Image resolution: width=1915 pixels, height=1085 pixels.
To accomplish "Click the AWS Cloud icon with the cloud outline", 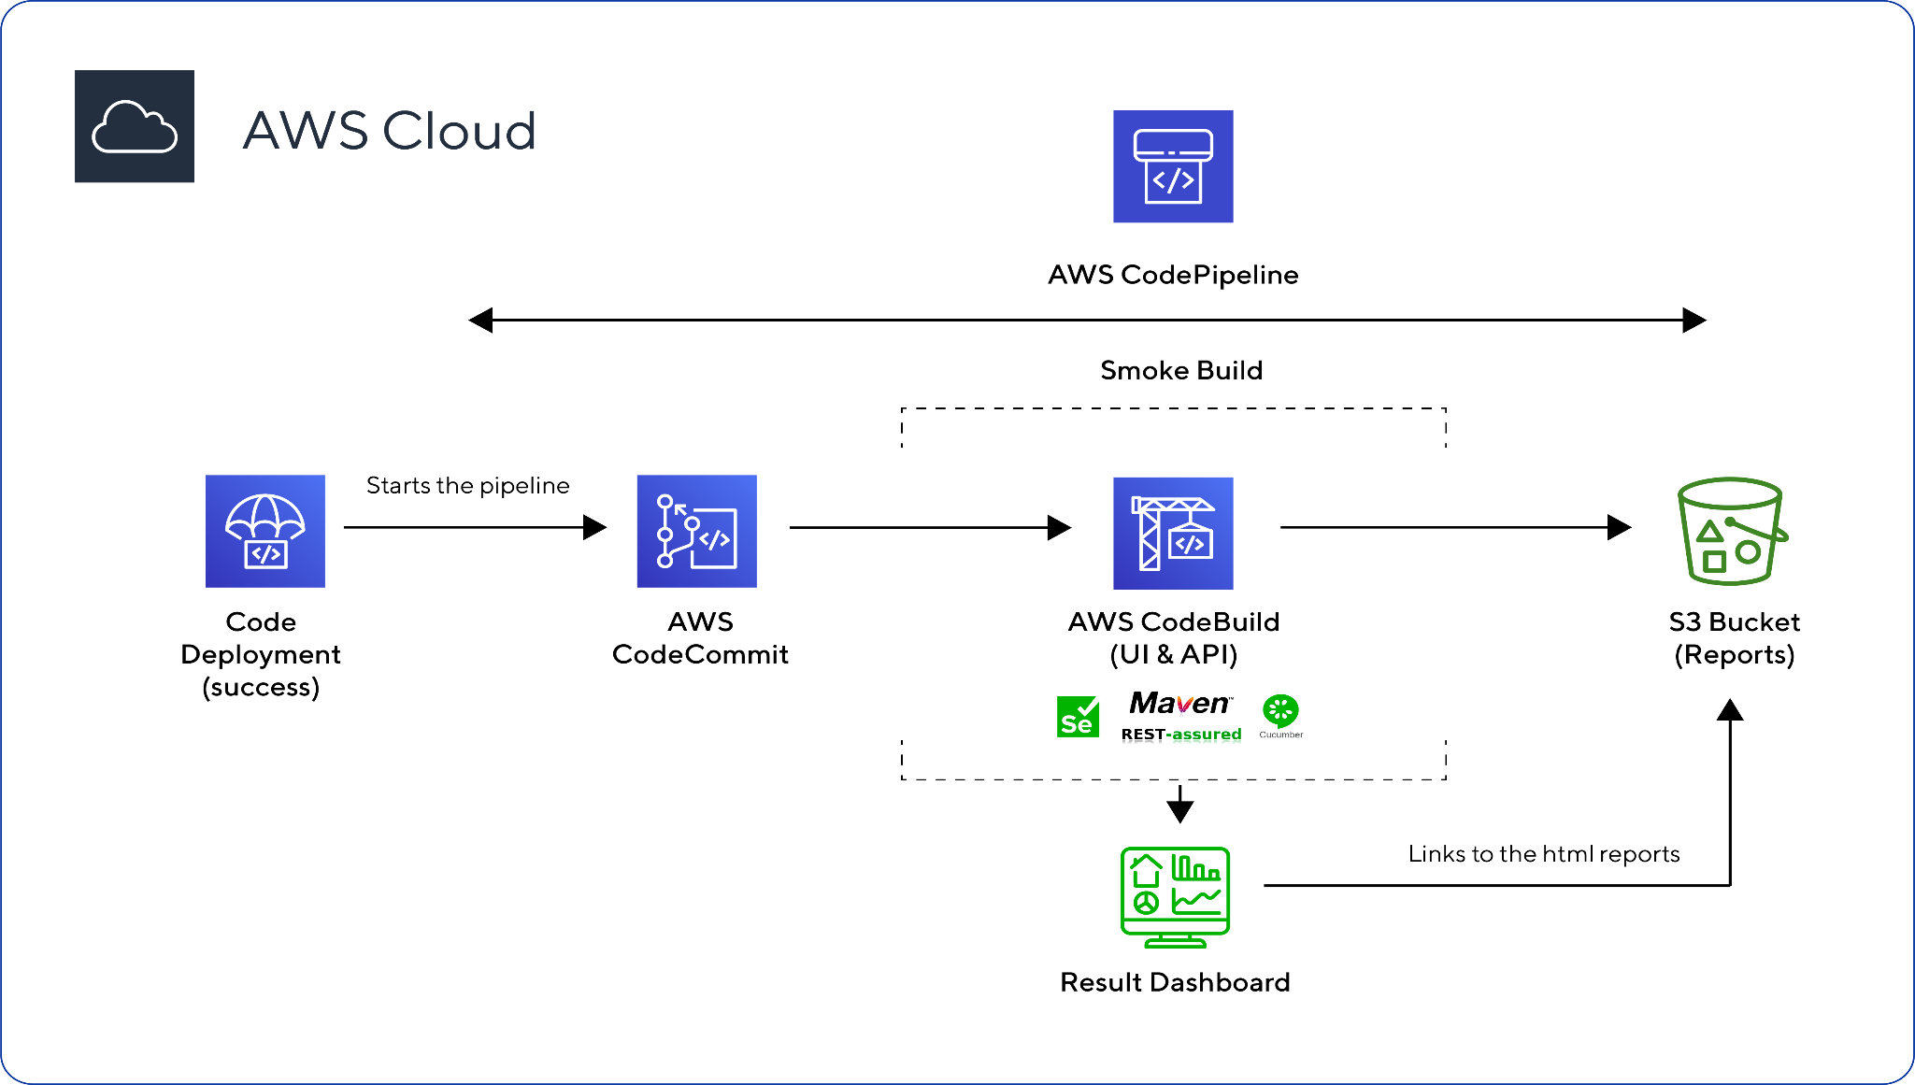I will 135,126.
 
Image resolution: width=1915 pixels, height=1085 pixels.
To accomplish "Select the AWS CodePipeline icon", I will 1173,166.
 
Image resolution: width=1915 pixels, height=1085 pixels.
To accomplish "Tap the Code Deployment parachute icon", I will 265,531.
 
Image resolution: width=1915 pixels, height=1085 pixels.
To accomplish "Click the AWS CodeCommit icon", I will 697,531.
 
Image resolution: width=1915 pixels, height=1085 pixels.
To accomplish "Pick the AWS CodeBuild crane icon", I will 1173,533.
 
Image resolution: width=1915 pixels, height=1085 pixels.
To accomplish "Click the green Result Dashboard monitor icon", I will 1175,897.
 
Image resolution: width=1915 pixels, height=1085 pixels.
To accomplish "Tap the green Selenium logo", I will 1078,717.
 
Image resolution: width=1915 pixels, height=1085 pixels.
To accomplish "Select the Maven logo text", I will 1180,703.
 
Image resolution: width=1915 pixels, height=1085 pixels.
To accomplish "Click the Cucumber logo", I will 1280,712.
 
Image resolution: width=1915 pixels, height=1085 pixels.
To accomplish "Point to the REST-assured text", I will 1181,735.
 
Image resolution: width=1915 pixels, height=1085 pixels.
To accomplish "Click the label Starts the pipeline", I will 467,486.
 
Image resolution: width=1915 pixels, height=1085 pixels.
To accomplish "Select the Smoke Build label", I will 1181,370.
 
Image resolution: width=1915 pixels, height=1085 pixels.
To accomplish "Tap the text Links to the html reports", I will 1543,854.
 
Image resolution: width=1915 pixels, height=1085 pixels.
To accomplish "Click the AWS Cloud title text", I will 389,130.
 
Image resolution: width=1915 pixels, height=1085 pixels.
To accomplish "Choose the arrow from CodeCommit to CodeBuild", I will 930,528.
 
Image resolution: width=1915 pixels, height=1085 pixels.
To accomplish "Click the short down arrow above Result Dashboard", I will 1180,805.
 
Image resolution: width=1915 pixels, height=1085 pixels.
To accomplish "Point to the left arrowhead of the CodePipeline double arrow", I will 480,321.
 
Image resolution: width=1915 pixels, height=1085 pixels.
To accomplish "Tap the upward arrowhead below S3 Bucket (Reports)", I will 1730,710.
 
